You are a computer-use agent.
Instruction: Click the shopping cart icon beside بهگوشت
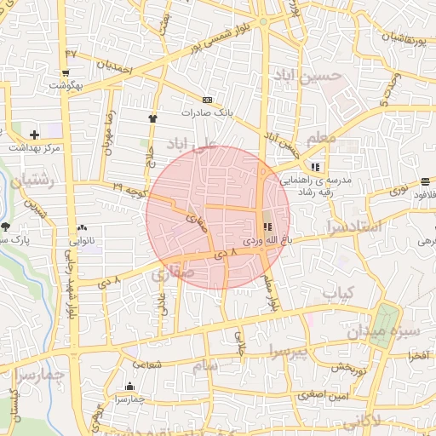tap(66, 73)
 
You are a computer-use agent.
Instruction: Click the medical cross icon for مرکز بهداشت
tap(33, 135)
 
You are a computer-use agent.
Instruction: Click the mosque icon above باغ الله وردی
tap(268, 227)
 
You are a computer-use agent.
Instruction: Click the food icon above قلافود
tap(425, 181)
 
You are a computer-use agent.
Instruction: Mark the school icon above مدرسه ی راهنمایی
tap(316, 167)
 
